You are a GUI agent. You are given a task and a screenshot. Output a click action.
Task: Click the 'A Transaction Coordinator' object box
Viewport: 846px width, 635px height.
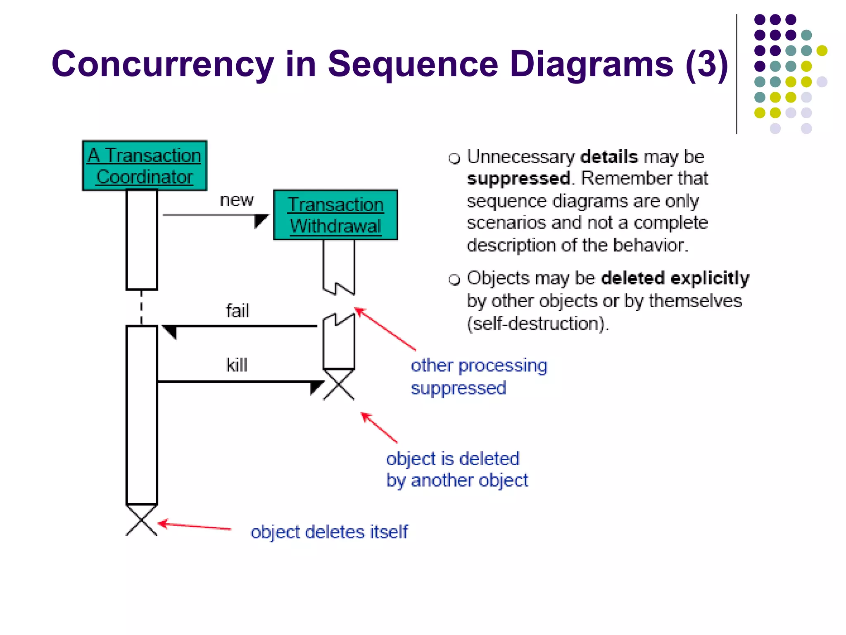[x=145, y=166]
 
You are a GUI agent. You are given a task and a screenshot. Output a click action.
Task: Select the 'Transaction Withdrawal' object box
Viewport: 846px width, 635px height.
[x=335, y=215]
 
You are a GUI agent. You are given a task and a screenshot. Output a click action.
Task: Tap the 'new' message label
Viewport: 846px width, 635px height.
[x=236, y=200]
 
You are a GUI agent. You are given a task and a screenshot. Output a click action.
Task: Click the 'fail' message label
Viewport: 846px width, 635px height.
[x=238, y=311]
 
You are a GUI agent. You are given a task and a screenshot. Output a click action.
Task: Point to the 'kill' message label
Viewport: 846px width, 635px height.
[x=237, y=365]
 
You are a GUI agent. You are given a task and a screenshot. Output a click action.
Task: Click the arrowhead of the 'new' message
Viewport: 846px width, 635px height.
[x=261, y=220]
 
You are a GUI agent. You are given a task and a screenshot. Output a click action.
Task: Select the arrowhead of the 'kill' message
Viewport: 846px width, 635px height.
[x=316, y=387]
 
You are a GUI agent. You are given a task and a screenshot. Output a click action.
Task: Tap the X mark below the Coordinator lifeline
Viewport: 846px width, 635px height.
[x=142, y=520]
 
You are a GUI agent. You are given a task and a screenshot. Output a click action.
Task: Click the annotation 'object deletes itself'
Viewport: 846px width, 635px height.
[x=329, y=532]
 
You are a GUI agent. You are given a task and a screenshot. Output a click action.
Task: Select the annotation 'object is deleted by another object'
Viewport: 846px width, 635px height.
[x=457, y=470]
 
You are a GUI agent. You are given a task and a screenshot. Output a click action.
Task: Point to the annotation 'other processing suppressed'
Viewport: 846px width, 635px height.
[x=479, y=377]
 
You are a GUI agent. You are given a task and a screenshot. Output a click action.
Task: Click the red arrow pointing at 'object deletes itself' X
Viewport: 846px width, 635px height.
[x=194, y=526]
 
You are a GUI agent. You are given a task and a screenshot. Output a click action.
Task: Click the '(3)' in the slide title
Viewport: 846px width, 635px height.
[x=706, y=64]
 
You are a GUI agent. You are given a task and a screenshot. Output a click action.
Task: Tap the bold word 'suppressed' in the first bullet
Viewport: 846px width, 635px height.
[x=518, y=179]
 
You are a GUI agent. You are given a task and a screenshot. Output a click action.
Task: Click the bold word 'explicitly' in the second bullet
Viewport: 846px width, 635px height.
[x=710, y=278]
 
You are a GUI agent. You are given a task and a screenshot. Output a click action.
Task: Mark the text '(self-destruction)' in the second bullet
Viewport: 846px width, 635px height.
[x=537, y=324]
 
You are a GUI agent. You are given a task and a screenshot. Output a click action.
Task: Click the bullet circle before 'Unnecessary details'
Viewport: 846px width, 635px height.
[x=454, y=158]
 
